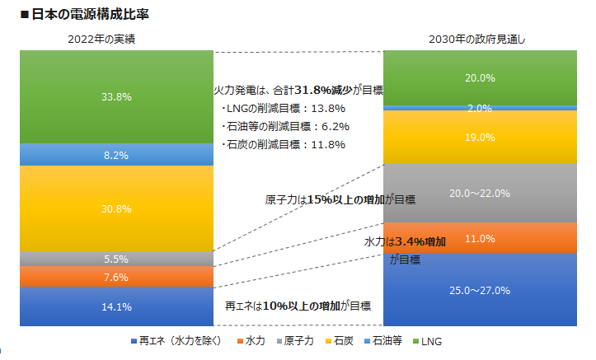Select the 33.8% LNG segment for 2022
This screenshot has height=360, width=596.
click(116, 96)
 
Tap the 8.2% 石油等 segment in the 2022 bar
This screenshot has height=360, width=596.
click(116, 154)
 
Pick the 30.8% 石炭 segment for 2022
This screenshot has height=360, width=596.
click(116, 208)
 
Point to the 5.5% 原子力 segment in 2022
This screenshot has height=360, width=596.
click(116, 259)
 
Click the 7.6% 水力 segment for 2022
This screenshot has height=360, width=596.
click(116, 277)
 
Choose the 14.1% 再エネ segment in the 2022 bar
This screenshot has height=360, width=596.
click(116, 306)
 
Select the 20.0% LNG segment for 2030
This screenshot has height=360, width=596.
click(480, 78)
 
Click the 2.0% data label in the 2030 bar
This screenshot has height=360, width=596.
click(480, 108)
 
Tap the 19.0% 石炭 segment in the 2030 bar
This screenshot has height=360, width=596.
click(480, 137)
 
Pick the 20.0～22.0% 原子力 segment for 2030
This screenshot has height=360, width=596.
click(480, 193)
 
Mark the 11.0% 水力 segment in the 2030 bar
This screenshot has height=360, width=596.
click(480, 239)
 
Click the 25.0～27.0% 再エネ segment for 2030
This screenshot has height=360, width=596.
click(480, 290)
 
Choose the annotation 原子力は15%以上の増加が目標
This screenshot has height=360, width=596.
click(340, 199)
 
